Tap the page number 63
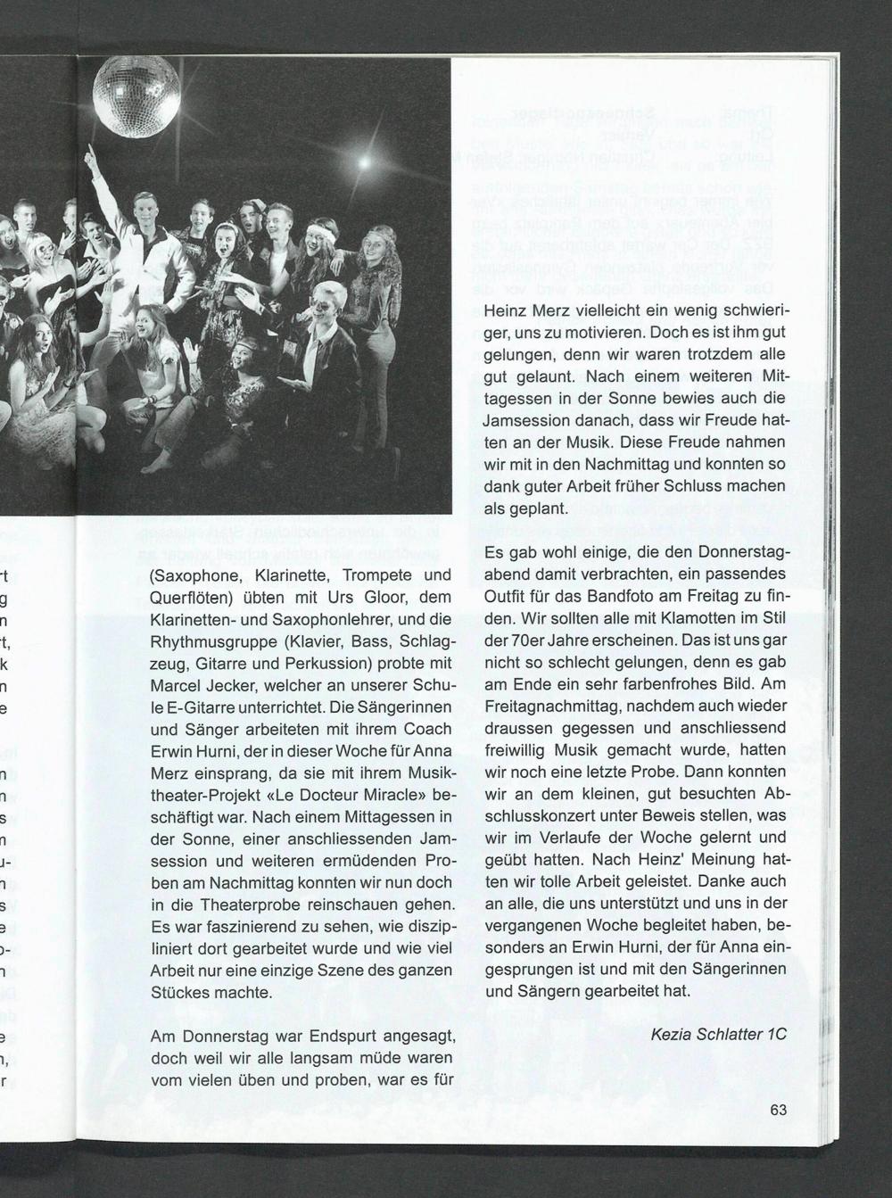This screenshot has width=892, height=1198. click(x=778, y=1111)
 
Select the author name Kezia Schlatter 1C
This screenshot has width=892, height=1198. click(x=719, y=1035)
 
